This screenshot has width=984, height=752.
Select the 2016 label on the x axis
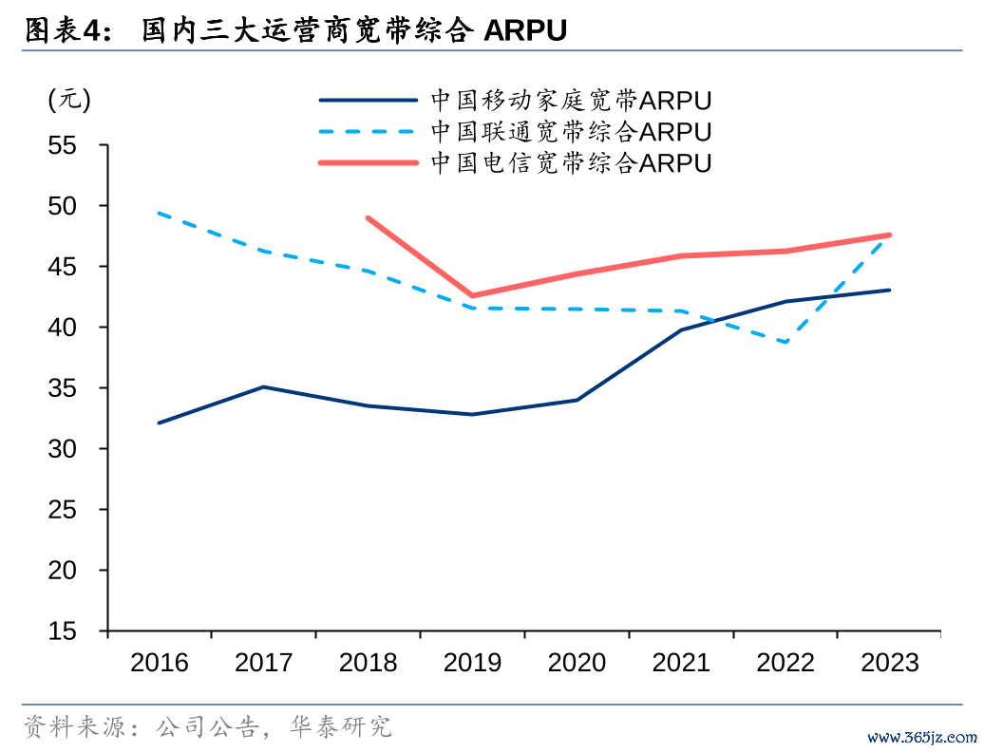160,662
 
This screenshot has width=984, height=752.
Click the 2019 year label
472,662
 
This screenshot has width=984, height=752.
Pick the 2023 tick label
890,662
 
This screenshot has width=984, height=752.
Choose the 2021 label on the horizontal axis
681,662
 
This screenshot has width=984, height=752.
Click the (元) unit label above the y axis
69,99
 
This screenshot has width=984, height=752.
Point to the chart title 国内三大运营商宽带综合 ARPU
353,31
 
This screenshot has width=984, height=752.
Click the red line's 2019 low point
472,295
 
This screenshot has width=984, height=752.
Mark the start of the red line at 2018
368,217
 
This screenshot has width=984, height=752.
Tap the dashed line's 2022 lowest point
785,342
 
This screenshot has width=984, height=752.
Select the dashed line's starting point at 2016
159,213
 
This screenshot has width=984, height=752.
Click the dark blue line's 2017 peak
263,386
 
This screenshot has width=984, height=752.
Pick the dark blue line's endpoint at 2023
890,290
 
